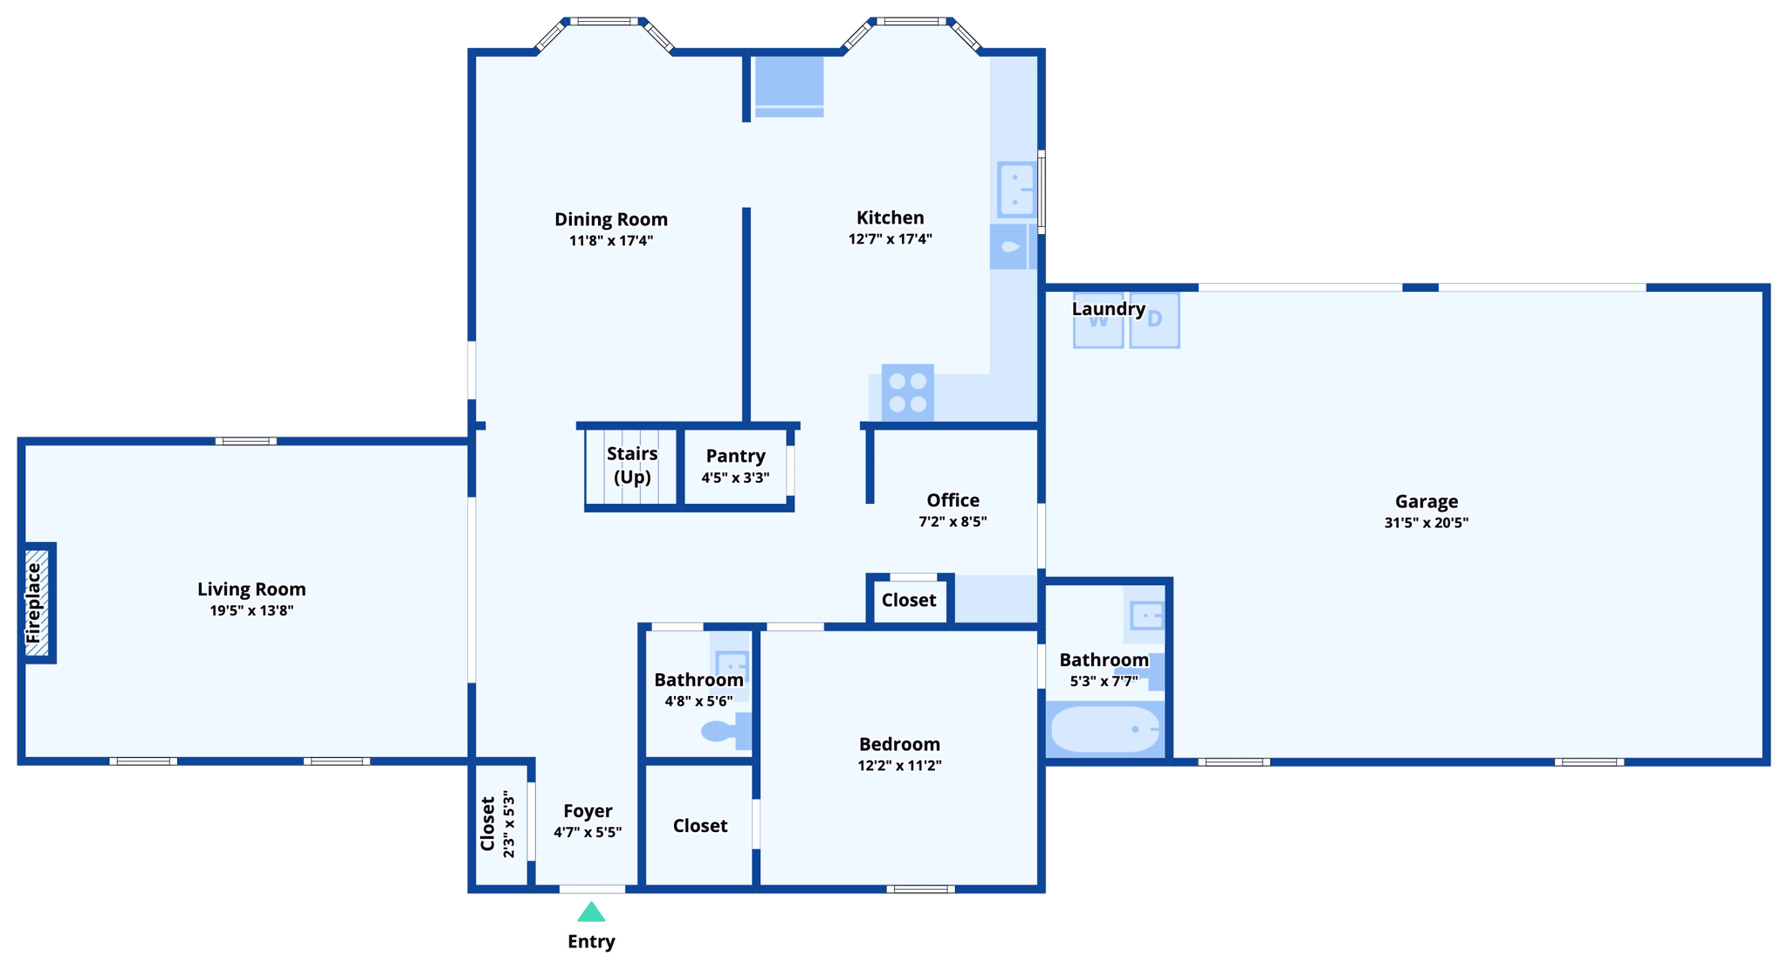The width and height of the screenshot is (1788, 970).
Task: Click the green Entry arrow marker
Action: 591,912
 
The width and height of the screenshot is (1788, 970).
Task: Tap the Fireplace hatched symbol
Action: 37,602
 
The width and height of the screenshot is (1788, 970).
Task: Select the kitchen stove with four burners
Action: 908,392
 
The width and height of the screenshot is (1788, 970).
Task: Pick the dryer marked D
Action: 1154,320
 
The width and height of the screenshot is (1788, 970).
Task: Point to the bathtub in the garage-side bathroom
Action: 1105,729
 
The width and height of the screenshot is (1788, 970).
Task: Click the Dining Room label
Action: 611,219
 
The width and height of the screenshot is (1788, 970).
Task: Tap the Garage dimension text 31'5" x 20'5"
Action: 1426,523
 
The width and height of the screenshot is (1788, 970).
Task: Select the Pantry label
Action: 735,456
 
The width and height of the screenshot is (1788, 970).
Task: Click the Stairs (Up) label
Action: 632,464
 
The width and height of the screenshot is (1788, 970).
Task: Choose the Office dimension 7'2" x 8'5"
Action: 952,522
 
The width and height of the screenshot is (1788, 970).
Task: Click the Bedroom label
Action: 899,744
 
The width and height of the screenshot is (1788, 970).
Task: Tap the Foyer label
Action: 588,811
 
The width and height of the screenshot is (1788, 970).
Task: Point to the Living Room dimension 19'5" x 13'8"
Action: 251,610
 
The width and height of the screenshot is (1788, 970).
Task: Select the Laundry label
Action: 1108,309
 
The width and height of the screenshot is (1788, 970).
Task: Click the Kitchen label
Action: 890,217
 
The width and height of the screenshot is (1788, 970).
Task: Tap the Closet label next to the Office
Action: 908,600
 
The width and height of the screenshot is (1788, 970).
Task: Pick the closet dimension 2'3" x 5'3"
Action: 509,824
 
